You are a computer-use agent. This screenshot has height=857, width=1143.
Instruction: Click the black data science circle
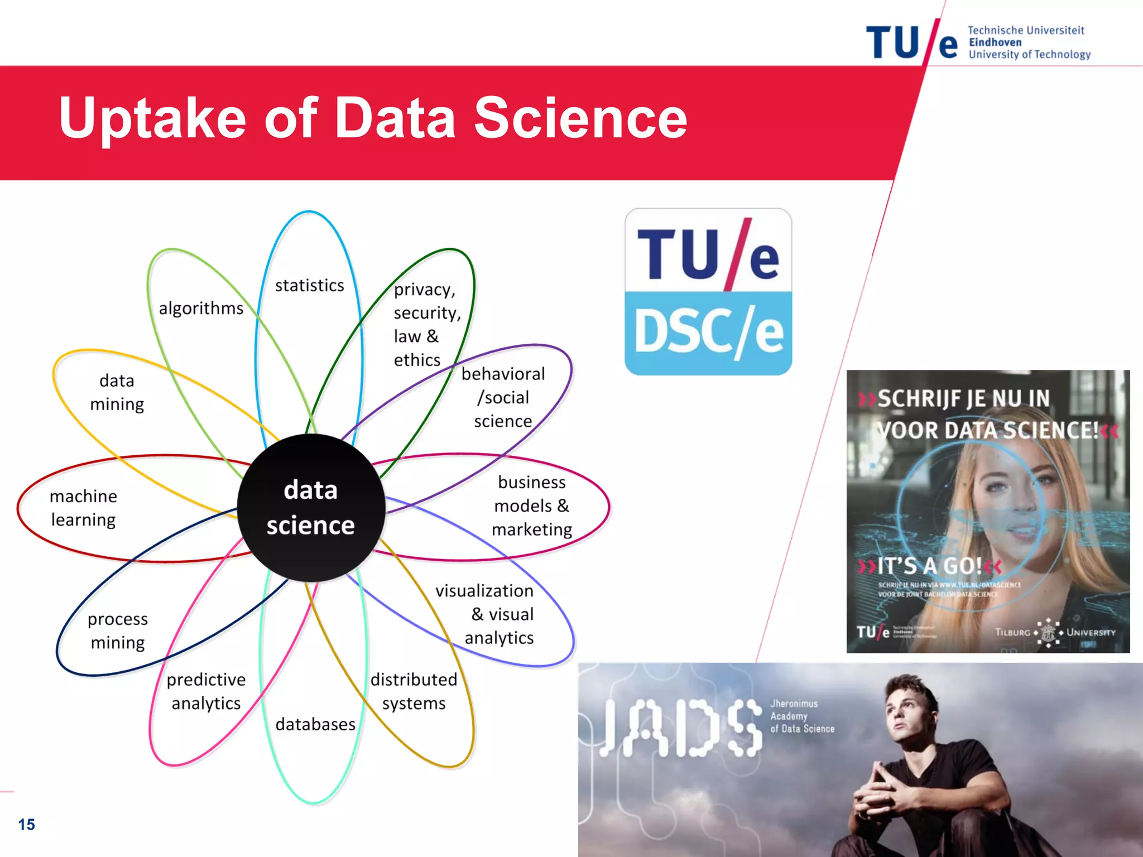[311, 508]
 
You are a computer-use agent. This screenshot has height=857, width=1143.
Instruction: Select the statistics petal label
[310, 286]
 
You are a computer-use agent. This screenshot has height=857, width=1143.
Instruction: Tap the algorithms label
[201, 308]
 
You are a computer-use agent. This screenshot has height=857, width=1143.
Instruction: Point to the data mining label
[117, 392]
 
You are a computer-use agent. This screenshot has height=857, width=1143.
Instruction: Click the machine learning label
[84, 508]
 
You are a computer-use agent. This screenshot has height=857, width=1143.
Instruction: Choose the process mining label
[117, 630]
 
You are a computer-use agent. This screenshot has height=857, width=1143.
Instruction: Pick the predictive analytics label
[206, 691]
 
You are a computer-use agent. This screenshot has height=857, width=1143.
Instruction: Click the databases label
[315, 724]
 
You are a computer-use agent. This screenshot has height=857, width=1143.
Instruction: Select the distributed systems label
[414, 691]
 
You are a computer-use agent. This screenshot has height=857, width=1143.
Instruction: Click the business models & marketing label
[532, 505]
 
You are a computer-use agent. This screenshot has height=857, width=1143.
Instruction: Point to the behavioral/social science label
[503, 397]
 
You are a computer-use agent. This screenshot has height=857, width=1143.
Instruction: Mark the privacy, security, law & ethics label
[425, 324]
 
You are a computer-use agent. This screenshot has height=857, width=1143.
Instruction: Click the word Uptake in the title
[152, 118]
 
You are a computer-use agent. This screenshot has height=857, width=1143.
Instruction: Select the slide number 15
[26, 824]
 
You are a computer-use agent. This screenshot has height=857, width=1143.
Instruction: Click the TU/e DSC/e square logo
[708, 292]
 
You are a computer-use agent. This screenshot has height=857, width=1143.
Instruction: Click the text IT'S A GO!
[929, 566]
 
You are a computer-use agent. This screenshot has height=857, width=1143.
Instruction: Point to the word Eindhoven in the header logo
[995, 42]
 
